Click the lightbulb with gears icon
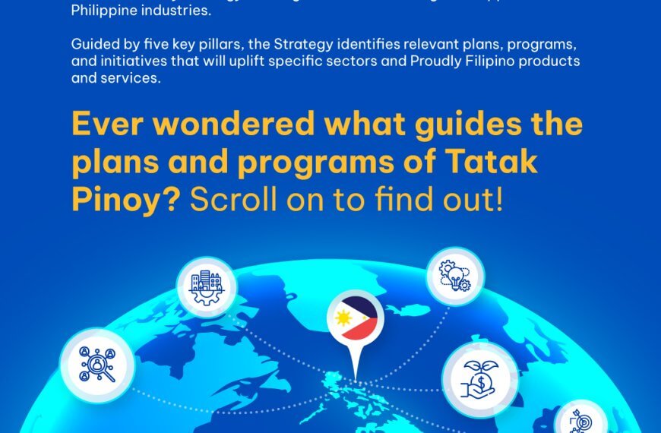pos(454,277)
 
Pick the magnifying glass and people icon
pos(96,365)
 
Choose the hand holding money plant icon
pos(479,378)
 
